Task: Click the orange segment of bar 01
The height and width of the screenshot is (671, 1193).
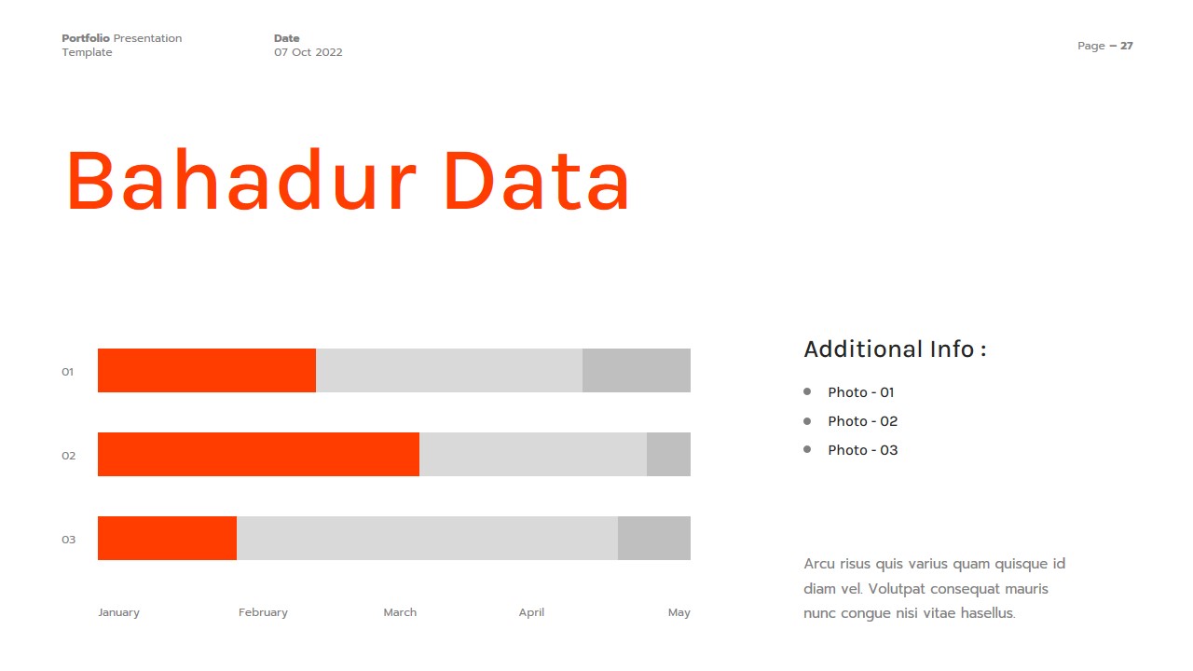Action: pos(207,371)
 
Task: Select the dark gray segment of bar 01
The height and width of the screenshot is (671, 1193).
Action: pos(637,371)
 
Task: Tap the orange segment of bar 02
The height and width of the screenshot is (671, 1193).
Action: pos(258,455)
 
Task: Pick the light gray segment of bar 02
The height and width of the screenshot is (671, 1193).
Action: pos(533,455)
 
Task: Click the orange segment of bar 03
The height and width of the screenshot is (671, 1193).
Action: pos(167,539)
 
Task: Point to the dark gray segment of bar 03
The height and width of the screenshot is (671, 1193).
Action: pos(654,539)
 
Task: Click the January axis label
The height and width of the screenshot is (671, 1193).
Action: pos(118,612)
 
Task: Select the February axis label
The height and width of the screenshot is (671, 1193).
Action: pos(263,612)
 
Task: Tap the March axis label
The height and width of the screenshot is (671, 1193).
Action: pos(400,612)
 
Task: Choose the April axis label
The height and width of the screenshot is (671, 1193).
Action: pos(531,612)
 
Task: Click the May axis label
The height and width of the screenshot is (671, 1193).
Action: pos(679,612)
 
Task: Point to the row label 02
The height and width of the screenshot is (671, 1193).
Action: pos(68,456)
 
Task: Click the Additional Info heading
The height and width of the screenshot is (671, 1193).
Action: pos(895,349)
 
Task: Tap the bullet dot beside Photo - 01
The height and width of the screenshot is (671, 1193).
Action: pos(807,391)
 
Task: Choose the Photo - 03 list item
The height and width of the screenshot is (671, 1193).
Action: pos(862,450)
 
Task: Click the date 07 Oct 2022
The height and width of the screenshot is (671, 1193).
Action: pos(308,52)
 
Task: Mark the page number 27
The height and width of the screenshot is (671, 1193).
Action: pos(1127,46)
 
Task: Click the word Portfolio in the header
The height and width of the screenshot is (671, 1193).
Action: pos(86,38)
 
